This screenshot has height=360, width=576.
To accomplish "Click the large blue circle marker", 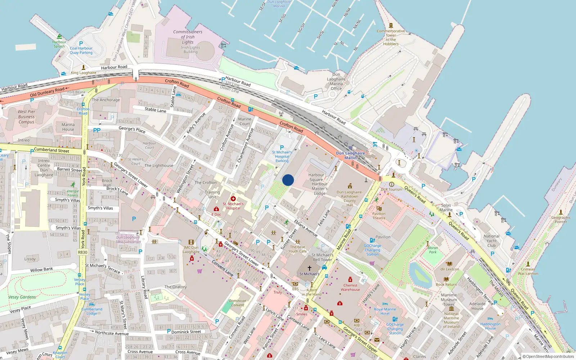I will [288, 180].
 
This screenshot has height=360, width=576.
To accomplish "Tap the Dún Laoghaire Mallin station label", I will [350, 156].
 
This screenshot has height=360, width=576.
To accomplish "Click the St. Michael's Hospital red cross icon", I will [233, 199].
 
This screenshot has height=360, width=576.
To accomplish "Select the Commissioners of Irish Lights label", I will [188, 37].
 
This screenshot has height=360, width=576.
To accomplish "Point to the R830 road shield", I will [83, 252].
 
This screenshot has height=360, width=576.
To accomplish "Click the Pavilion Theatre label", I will [379, 216].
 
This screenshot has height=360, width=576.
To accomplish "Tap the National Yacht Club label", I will [491, 241].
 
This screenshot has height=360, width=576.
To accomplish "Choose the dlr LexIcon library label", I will [450, 269].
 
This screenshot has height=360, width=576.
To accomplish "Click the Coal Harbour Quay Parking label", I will [81, 50].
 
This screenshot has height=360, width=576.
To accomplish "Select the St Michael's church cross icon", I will [309, 268].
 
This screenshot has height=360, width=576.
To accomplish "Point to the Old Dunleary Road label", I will [47, 92].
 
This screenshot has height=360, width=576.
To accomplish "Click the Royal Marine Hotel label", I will [385, 311].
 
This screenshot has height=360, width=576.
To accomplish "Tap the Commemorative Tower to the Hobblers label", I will [391, 37].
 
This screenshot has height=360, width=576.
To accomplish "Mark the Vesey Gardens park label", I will [22, 297].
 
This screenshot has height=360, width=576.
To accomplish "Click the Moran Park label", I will [433, 250].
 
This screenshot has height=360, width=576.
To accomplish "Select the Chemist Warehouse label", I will [350, 287].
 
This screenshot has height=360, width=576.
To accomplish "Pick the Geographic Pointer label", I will [561, 220].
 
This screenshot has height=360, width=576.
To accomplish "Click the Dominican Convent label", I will [238, 303].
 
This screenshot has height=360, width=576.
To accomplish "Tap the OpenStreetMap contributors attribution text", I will [550, 357].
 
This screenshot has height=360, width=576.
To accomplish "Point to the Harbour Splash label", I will [59, 44].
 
